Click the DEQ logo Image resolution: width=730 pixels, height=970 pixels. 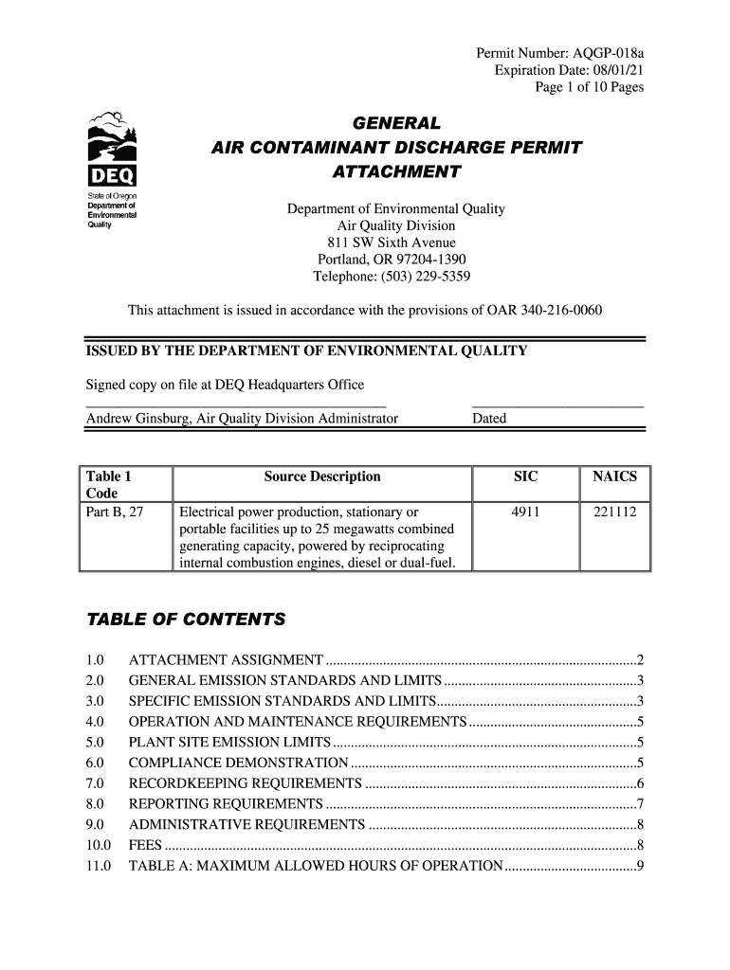112,152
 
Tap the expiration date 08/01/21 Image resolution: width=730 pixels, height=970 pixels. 616,71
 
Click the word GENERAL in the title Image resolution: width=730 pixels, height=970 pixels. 396,124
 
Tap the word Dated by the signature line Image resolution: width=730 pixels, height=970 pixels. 489,419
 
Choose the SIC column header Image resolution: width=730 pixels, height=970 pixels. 525,476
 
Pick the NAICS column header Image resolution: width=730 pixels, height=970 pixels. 614,476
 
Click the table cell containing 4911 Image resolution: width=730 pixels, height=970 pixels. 525,512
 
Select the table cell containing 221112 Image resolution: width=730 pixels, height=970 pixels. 614,512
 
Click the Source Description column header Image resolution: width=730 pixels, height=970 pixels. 321,476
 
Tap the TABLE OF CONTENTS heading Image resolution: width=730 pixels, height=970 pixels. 186,620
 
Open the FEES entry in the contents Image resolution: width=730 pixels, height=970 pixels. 144,845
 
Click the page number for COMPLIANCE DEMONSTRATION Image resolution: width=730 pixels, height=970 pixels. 641,763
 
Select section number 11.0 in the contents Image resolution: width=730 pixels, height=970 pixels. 99,866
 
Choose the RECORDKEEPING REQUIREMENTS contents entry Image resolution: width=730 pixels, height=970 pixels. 245,783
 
